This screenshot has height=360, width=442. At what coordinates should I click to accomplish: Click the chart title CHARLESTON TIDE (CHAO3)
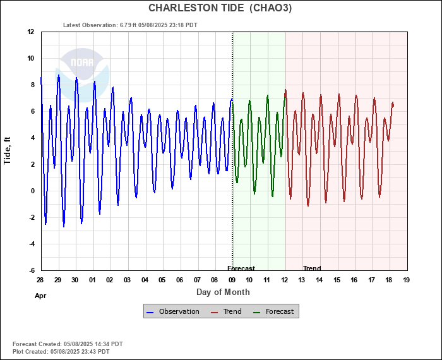click(220, 8)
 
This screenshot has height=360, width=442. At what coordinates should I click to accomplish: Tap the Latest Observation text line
click(130, 25)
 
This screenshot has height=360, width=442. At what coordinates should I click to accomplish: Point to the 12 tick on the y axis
click(30, 32)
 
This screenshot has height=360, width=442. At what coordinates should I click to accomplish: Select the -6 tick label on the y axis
click(30, 270)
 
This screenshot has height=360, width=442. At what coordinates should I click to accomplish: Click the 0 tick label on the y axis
click(32, 191)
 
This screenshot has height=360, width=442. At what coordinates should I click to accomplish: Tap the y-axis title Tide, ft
click(8, 150)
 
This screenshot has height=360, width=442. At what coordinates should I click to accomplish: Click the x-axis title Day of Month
click(223, 292)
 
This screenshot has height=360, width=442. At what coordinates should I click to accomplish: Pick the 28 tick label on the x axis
click(40, 280)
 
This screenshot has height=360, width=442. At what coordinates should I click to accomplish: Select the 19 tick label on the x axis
click(406, 280)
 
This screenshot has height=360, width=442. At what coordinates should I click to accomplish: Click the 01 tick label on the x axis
click(92, 280)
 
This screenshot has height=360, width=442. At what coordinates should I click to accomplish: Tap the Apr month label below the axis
click(40, 295)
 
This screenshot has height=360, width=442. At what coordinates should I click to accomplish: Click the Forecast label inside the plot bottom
click(241, 268)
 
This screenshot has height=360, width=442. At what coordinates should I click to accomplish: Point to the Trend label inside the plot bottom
click(312, 268)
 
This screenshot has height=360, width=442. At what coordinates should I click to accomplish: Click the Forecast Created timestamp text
click(68, 344)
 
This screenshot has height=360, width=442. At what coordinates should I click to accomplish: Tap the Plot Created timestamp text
click(61, 351)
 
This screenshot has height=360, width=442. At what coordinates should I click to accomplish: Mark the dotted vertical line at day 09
click(232, 158)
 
